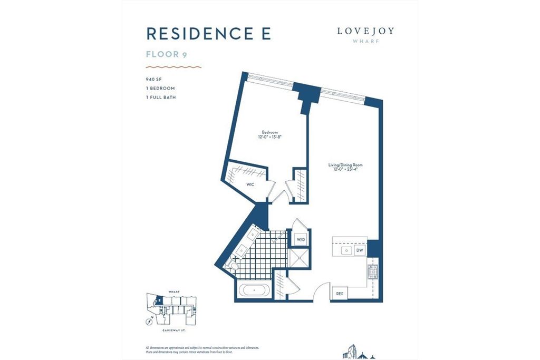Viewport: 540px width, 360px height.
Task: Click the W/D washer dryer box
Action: pyautogui.click(x=301, y=239)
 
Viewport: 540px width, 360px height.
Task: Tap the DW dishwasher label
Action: pyautogui.click(x=359, y=250)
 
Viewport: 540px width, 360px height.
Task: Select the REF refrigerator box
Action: pyautogui.click(x=339, y=294)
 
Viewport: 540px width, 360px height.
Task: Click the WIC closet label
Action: pyautogui.click(x=250, y=184)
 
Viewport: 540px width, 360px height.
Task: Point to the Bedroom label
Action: pyautogui.click(x=269, y=134)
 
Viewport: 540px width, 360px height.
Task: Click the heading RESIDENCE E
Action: pyautogui.click(x=208, y=33)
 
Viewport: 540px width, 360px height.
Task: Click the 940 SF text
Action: pyautogui.click(x=155, y=79)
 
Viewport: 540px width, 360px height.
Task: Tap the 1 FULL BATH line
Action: pyautogui.click(x=161, y=98)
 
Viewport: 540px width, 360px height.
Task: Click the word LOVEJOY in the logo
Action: pyautogui.click(x=365, y=31)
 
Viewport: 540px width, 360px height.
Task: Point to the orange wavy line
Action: pyautogui.click(x=174, y=67)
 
